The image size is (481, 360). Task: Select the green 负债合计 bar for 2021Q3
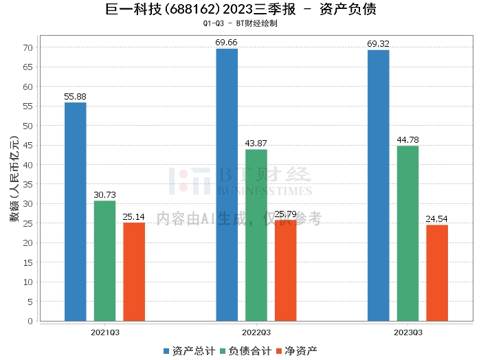click(x=104, y=261)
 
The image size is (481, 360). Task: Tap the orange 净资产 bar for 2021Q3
click(x=134, y=272)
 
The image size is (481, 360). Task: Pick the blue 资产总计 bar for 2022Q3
click(x=227, y=185)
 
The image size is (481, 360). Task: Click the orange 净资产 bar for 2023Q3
click(x=437, y=273)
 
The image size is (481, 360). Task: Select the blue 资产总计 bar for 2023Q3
click(x=378, y=185)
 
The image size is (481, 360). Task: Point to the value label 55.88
click(x=75, y=97)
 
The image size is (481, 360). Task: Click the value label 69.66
click(x=227, y=43)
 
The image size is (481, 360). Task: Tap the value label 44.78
click(x=407, y=140)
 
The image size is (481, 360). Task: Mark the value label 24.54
click(x=437, y=219)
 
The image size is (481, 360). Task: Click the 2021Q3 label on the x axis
click(x=104, y=332)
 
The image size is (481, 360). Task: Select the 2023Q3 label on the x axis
click(x=407, y=332)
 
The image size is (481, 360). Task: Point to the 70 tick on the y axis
click(x=28, y=47)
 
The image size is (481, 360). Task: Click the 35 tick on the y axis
click(x=28, y=184)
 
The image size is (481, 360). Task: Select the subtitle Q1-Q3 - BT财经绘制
click(x=240, y=23)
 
